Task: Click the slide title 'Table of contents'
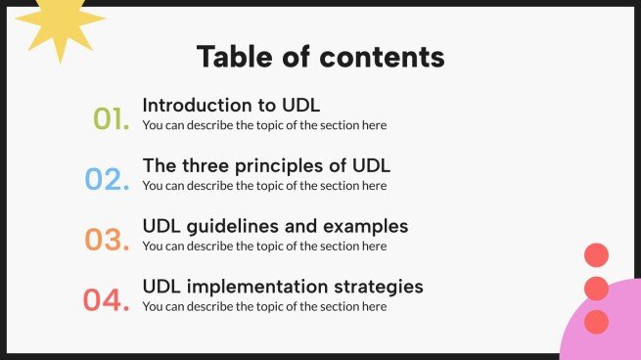pyautogui.click(x=320, y=56)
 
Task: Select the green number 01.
pyautogui.click(x=112, y=120)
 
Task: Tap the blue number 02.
pyautogui.click(x=107, y=180)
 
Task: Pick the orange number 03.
pyautogui.click(x=107, y=240)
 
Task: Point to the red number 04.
pyautogui.click(x=106, y=300)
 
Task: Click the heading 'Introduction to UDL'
pyautogui.click(x=231, y=105)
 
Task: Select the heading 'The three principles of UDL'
pyautogui.click(x=266, y=165)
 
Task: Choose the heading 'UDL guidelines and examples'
pyautogui.click(x=275, y=226)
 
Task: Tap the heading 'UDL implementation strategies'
pyautogui.click(x=283, y=287)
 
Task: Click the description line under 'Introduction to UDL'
pyautogui.click(x=264, y=125)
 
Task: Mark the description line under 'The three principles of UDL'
pyautogui.click(x=264, y=186)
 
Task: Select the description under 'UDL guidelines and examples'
pyautogui.click(x=264, y=247)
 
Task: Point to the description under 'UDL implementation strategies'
pyautogui.click(x=264, y=307)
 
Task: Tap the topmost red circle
pyautogui.click(x=596, y=255)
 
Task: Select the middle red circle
pyautogui.click(x=596, y=289)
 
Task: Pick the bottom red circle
pyautogui.click(x=596, y=322)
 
